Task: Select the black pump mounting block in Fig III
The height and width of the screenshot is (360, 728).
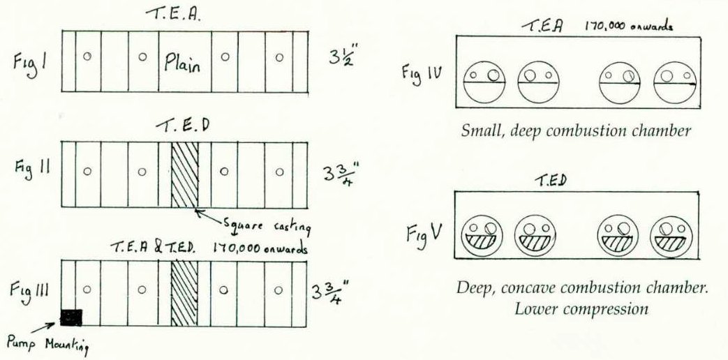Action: coord(71,317)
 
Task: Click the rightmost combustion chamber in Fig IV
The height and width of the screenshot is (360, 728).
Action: coord(674,81)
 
